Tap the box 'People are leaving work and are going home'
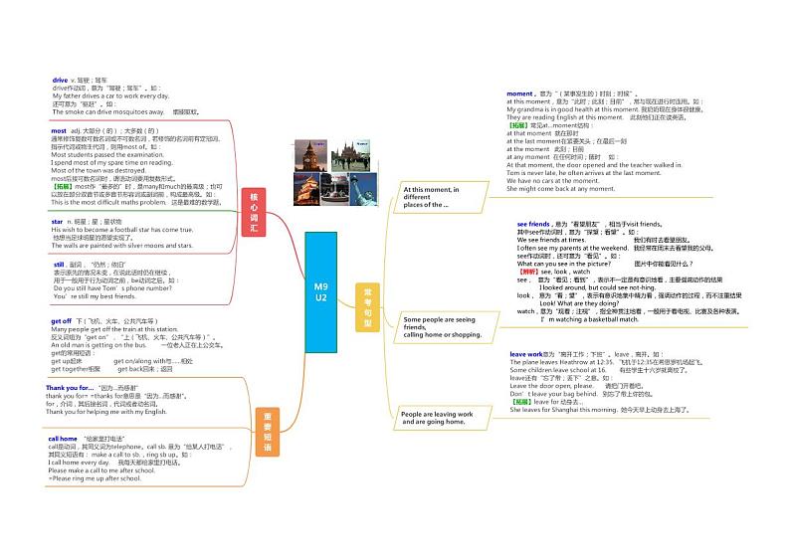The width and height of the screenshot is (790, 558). (x=438, y=418)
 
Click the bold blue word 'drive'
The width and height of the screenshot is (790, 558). (x=61, y=80)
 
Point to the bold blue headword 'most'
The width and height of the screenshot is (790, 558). (x=59, y=130)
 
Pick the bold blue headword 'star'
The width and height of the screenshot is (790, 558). (x=57, y=221)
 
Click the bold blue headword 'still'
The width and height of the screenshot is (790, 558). (x=59, y=264)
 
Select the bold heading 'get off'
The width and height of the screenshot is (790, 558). (x=62, y=321)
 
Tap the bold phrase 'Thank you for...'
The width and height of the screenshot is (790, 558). (x=69, y=387)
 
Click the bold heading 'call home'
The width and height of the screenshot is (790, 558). (x=63, y=438)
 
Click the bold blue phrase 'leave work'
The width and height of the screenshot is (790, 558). (x=526, y=354)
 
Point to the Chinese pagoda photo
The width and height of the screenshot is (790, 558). (x=306, y=188)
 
